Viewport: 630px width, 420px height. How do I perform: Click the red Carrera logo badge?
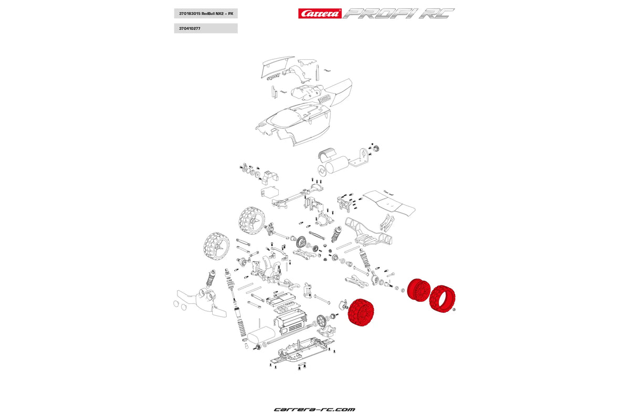click(x=320, y=14)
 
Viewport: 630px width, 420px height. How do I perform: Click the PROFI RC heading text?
click(x=398, y=14)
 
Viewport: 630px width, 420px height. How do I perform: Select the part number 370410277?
click(x=205, y=28)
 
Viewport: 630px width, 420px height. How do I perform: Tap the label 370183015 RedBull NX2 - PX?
click(x=205, y=14)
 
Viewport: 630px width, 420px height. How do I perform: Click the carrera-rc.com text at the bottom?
click(x=314, y=409)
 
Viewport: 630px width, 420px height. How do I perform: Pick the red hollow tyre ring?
click(x=442, y=299)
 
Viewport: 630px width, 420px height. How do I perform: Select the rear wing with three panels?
click(x=391, y=205)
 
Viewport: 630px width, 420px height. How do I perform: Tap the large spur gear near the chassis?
click(x=321, y=320)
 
